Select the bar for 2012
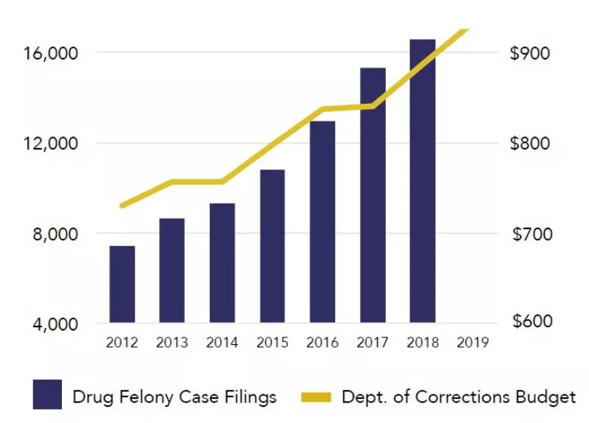click(x=122, y=284)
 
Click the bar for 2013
click(x=172, y=270)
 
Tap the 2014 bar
click(x=222, y=263)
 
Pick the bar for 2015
click(x=272, y=246)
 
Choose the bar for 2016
click(x=322, y=222)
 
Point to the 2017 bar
click(x=373, y=195)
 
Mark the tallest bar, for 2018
click(x=423, y=181)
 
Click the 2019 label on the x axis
click(x=473, y=343)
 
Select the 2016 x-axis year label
click(x=322, y=343)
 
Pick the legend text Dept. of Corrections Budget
click(x=458, y=397)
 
